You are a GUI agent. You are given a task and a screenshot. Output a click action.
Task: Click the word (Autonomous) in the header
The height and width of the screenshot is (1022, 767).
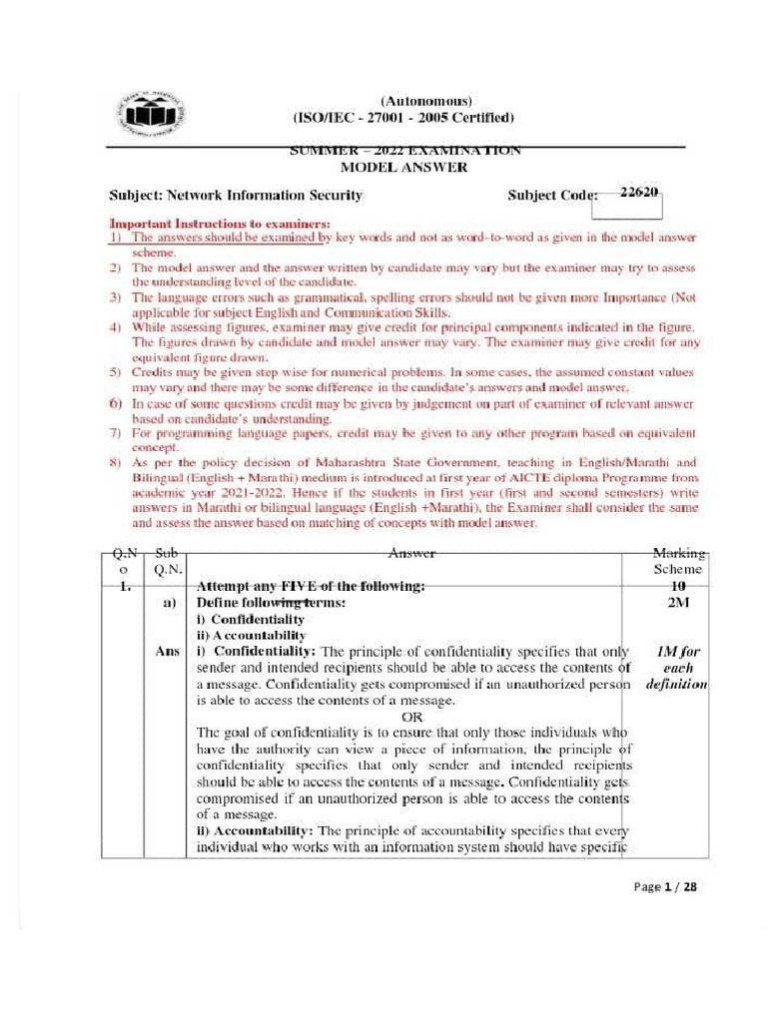coord(425,102)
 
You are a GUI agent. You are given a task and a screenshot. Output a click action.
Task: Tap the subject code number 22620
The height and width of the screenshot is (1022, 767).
coord(639,194)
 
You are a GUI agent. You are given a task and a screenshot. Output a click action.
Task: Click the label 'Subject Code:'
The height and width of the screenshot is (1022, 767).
coord(552,196)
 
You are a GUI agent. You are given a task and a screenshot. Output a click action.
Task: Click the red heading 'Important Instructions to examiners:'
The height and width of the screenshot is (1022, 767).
coord(220,225)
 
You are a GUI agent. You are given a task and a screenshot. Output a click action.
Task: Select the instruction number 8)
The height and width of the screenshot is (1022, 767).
coord(115,463)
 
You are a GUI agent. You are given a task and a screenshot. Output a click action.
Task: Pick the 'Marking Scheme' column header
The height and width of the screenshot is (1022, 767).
coord(678,561)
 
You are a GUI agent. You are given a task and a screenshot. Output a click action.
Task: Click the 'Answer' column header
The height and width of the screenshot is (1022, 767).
coord(411,553)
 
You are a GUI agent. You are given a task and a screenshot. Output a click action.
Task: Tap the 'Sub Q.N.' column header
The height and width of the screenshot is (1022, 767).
coord(166,561)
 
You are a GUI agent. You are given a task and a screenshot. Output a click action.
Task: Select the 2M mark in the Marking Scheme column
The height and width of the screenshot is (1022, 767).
coord(678,603)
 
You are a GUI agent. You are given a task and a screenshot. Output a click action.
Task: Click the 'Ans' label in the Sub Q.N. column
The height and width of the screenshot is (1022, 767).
coord(168,651)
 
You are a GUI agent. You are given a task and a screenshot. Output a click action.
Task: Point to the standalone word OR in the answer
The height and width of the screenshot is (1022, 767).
coord(411,716)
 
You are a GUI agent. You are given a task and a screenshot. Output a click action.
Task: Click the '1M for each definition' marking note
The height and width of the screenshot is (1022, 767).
coord(678,668)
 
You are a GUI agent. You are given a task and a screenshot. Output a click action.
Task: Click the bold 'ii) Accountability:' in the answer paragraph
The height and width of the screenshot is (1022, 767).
coord(255,830)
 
